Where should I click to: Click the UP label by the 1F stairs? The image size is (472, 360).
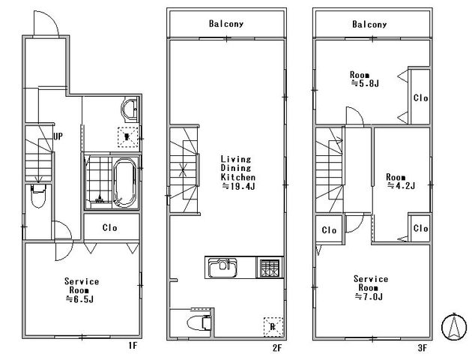click(x=58, y=136)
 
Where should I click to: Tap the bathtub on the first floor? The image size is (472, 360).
click(x=124, y=183)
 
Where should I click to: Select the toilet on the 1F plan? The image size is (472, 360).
click(x=38, y=196)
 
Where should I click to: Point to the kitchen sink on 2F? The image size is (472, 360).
click(x=223, y=267)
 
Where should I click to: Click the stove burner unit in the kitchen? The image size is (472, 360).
click(x=270, y=268)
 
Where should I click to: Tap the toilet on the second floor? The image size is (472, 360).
click(x=199, y=323)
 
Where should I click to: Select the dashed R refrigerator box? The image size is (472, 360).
click(x=273, y=327)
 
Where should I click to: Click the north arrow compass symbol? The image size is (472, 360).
click(x=453, y=327)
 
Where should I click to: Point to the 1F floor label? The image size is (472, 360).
click(x=133, y=346)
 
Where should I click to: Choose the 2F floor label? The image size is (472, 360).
click(x=277, y=348)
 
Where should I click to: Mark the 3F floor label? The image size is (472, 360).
click(x=423, y=348)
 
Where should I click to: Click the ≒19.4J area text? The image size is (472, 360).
click(x=238, y=187)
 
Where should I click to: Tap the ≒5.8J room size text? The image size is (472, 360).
click(x=365, y=83)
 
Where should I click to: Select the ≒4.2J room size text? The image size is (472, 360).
click(x=402, y=185)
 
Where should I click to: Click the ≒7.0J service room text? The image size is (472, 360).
click(x=369, y=297)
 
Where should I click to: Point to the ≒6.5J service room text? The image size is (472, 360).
click(x=79, y=299)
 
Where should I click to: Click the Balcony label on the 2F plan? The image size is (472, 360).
click(x=226, y=24)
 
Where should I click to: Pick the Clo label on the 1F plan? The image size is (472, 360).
click(x=110, y=228)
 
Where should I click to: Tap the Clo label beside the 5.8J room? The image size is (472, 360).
click(x=420, y=98)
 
